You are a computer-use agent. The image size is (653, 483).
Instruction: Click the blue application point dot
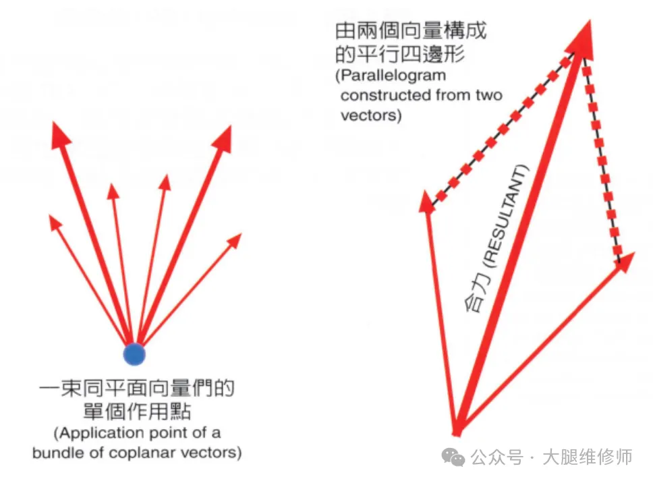click(x=134, y=353)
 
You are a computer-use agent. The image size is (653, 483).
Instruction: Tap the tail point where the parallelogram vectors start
click(x=457, y=430)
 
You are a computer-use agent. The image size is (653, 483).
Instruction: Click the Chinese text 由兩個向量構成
click(x=411, y=31)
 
